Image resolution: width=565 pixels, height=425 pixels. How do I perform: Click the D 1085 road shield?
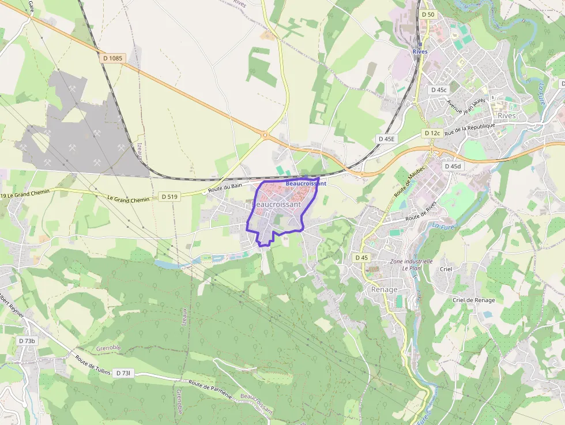point(113,58)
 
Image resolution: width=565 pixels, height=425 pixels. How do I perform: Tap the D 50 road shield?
point(427,14)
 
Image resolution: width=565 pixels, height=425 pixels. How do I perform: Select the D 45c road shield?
point(439,90)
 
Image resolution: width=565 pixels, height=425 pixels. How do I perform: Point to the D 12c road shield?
point(432,133)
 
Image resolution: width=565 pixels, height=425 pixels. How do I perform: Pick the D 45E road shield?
point(386,139)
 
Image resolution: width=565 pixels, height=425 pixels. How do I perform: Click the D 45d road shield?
point(453,166)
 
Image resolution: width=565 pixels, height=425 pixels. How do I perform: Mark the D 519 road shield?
point(169,197)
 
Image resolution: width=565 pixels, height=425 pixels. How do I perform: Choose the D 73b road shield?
point(27,341)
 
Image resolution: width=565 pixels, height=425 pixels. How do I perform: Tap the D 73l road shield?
point(124,373)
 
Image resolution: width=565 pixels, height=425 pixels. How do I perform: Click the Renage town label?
point(385,289)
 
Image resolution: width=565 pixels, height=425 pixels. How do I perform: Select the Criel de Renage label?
point(473,300)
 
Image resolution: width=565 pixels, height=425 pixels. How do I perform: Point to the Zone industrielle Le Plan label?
point(412,265)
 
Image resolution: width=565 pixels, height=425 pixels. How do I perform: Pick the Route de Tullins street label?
point(92,364)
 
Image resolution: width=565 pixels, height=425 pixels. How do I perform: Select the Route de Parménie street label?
point(210,389)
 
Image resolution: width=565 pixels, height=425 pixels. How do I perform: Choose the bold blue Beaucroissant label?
point(306,183)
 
